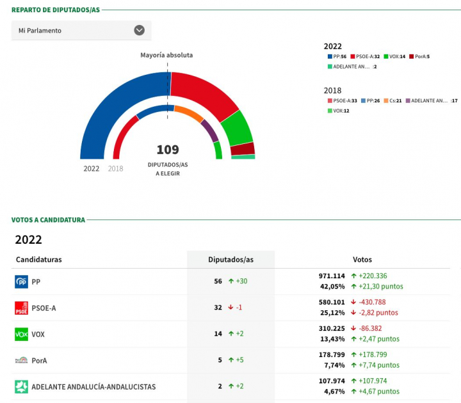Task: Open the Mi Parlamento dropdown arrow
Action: click(139, 30)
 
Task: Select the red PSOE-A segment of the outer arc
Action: click(202, 93)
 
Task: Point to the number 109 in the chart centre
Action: click(168, 150)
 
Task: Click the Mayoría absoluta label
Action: click(166, 55)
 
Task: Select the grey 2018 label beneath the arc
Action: click(115, 169)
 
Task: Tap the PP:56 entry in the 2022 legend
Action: click(339, 57)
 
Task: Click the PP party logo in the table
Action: click(21, 281)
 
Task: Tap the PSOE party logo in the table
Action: click(21, 308)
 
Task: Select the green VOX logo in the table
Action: click(21, 334)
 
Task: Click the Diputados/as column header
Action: click(230, 260)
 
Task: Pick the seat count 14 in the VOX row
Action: click(218, 334)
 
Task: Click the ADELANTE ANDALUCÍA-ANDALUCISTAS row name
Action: click(93, 387)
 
